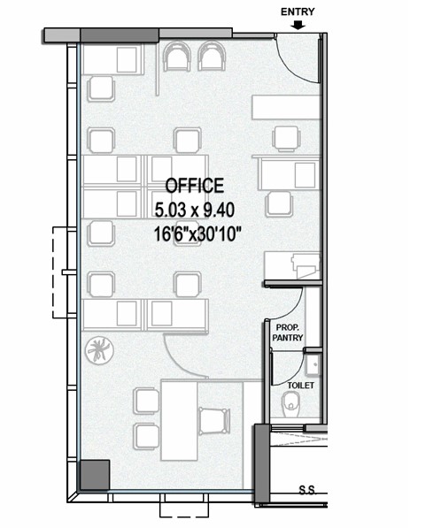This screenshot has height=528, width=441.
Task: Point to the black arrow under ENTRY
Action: (298, 26)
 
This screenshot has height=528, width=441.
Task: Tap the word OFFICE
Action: (194, 186)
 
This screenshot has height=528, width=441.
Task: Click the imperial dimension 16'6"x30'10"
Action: (197, 234)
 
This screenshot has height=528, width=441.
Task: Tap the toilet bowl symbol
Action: (290, 408)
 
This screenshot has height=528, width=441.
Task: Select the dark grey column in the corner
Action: (93, 475)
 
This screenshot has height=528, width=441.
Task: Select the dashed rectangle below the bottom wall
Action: (184, 508)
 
